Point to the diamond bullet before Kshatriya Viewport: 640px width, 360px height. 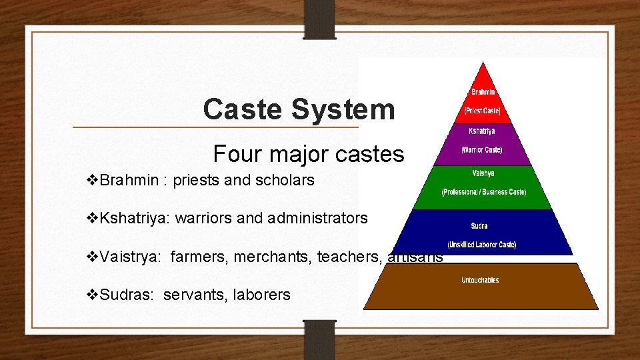point(93,218)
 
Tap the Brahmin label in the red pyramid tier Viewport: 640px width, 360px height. point(483,92)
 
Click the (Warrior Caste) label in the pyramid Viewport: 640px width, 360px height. point(482,150)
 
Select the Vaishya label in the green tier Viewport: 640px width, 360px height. point(483,174)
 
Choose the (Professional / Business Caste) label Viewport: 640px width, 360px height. point(483,192)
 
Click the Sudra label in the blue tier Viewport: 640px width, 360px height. point(479,226)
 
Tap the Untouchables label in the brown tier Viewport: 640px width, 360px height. point(480,280)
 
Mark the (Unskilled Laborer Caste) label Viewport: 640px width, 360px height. point(481,245)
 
